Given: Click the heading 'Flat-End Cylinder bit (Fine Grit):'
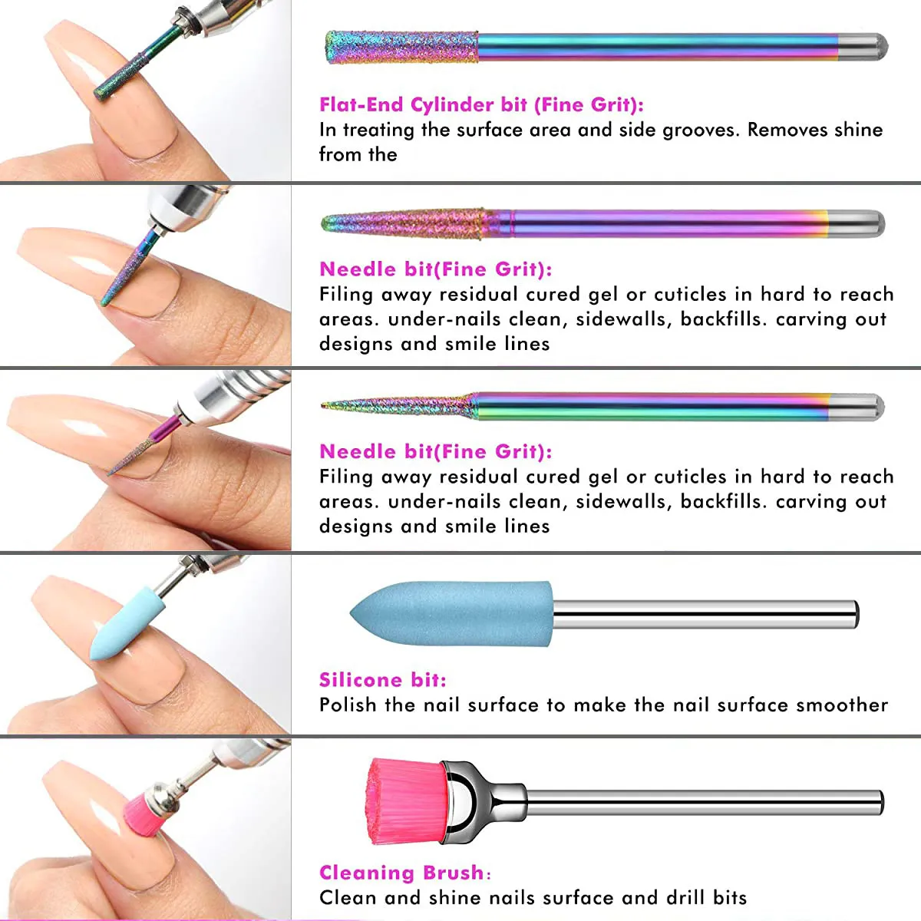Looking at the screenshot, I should pos(481,105).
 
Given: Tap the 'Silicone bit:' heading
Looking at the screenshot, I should pos(382,680).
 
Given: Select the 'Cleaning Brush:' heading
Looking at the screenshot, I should pos(404,873).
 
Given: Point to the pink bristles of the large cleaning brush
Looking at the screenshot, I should pos(403,801).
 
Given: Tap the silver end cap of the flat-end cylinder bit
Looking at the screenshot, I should pos(863,48).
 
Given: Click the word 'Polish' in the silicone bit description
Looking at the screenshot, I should pos(348,705).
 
